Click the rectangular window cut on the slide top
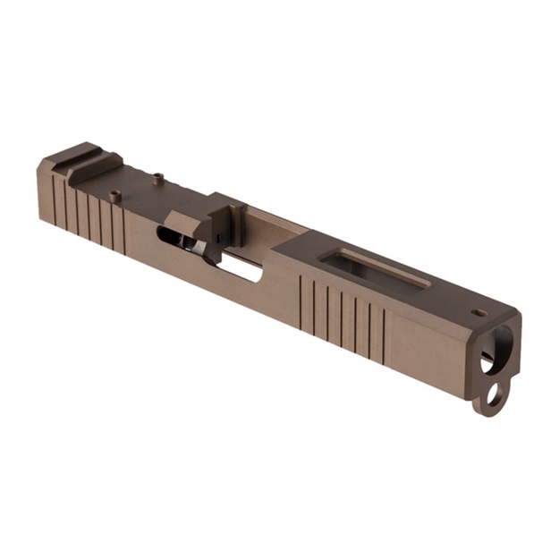click(x=375, y=267)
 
